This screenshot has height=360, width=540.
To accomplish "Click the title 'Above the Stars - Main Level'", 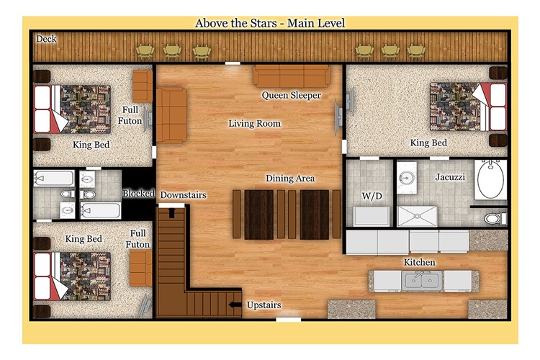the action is [270, 23].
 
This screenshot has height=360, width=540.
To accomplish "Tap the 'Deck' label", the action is [46, 39].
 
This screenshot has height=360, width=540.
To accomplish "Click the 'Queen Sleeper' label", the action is [291, 95].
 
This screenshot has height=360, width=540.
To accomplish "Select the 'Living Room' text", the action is [254, 123].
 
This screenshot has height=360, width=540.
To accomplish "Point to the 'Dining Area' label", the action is [290, 178].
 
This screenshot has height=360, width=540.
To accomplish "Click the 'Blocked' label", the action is [138, 193].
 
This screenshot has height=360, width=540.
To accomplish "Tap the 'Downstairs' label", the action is [183, 195].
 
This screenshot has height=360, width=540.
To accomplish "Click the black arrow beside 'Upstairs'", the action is [235, 304].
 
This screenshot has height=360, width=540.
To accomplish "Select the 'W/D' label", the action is [372, 196].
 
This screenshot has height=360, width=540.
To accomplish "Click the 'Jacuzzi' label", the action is [450, 177].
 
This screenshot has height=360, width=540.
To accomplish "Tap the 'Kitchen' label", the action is [419, 262].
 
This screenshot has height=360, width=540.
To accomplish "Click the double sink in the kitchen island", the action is [422, 281].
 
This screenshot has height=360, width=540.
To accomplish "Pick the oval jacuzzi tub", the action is [490, 179].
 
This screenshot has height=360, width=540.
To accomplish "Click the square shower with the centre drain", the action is [417, 216].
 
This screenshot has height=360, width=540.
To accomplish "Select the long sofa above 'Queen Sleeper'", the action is [292, 76].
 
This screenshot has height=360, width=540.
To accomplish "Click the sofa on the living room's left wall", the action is [171, 115].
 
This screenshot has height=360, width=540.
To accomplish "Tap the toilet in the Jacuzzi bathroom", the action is [495, 218].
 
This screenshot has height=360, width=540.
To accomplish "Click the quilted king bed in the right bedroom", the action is [468, 107].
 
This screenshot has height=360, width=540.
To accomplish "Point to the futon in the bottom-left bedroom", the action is [141, 268].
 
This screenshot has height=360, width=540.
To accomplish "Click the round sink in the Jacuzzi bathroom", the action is [406, 178].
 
